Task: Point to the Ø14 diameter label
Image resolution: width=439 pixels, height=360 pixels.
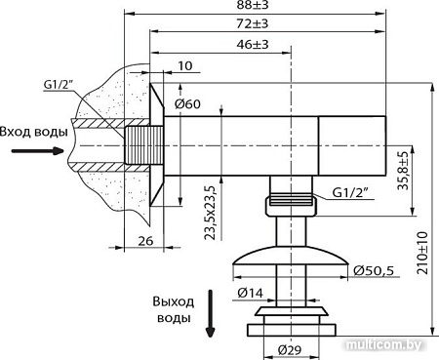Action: [x=250, y=290]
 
